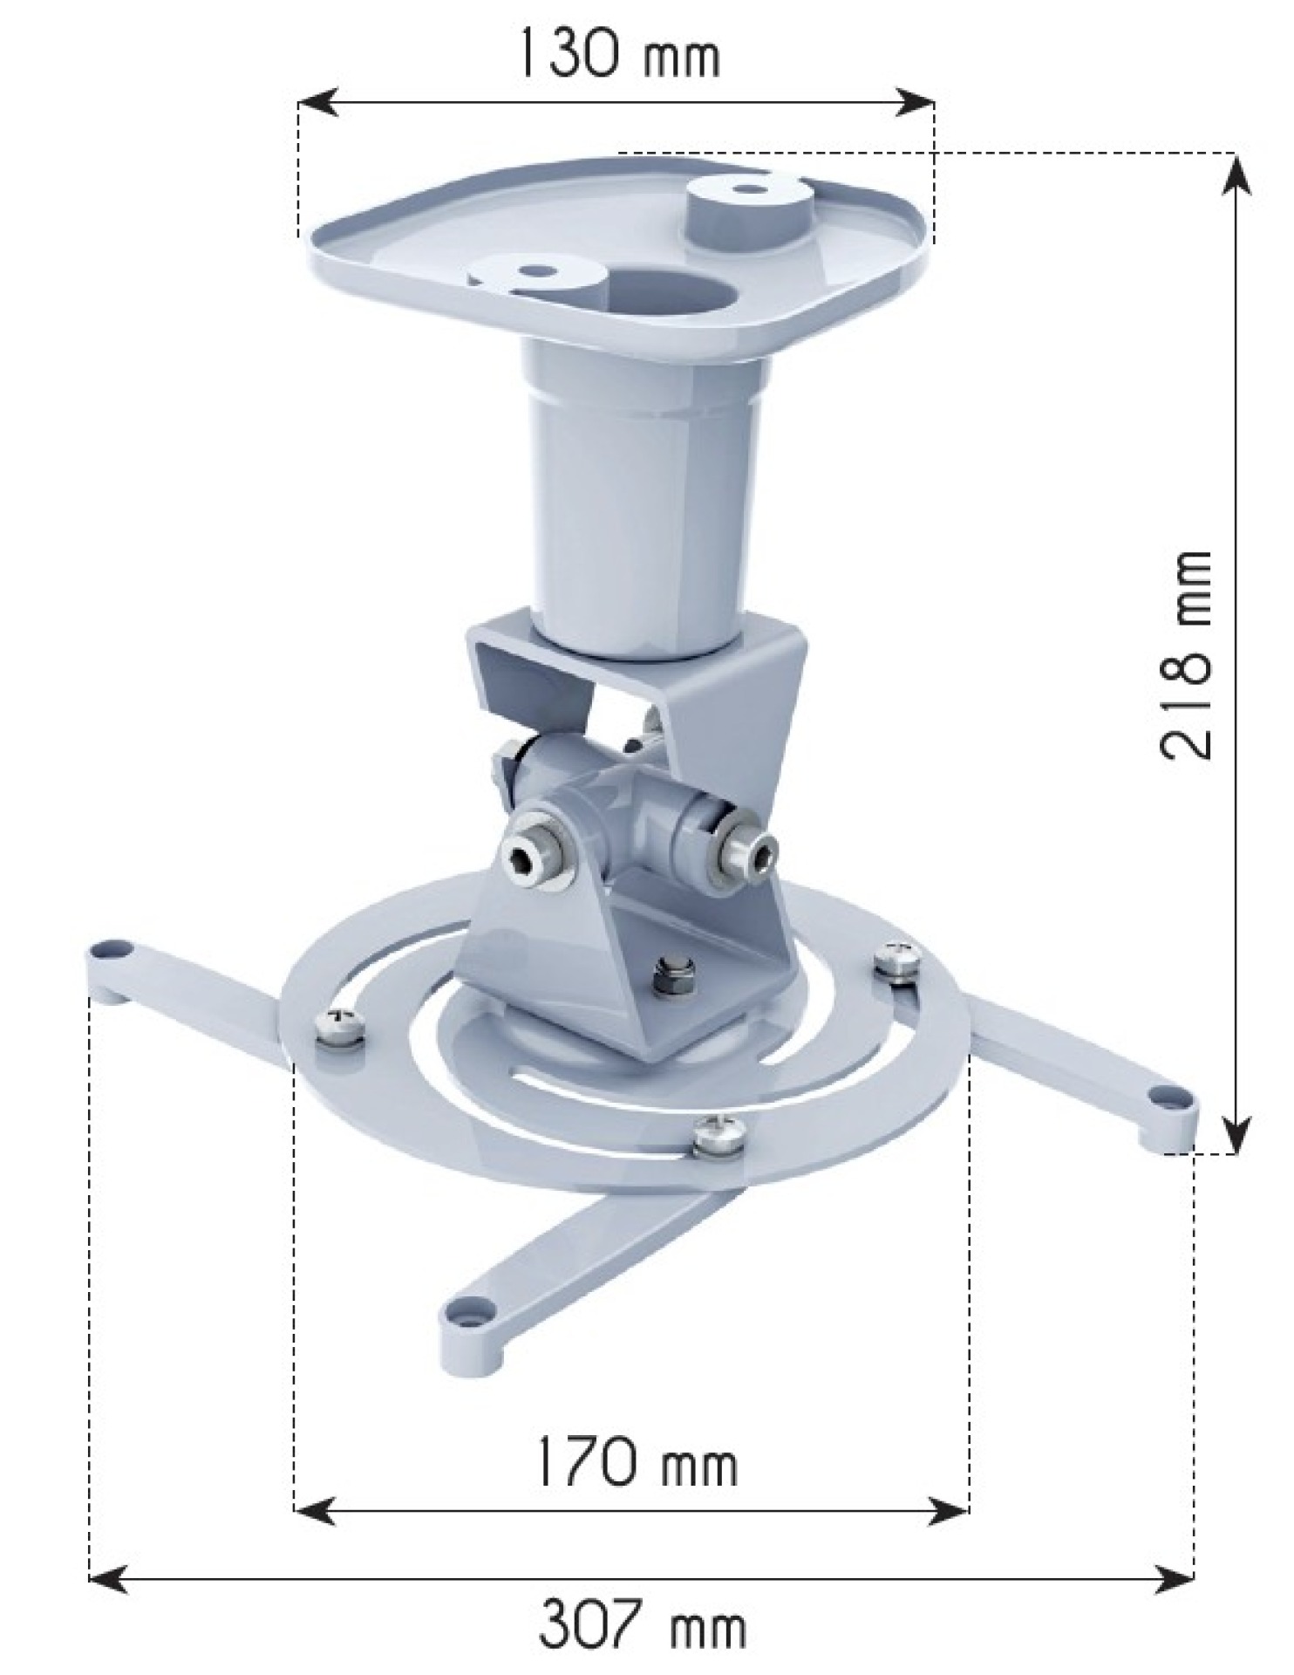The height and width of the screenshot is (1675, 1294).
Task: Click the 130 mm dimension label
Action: coord(620,54)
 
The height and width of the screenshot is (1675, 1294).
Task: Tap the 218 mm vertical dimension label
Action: coord(1185,655)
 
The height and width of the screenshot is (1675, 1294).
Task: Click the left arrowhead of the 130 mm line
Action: coord(316,102)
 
